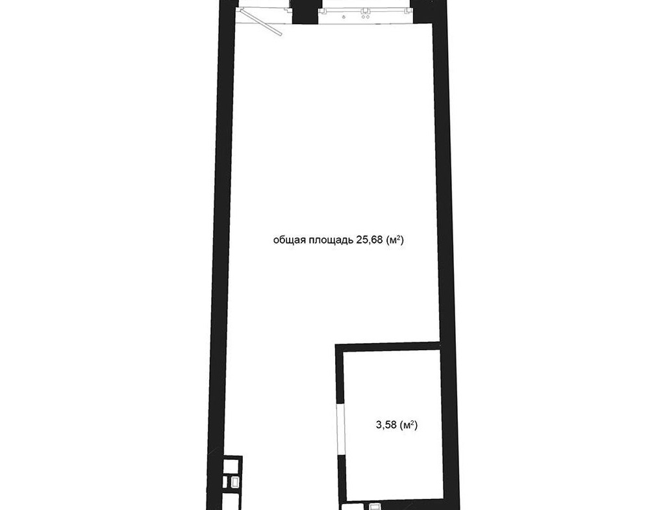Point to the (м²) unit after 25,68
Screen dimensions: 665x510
[395, 240]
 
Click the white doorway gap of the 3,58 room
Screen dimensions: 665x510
[340, 430]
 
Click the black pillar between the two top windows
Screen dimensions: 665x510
[305, 12]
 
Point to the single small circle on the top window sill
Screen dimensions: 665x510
[344, 18]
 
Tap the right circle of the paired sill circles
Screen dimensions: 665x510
[367, 18]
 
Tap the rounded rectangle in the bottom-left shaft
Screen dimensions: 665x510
[234, 482]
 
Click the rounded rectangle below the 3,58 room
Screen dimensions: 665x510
[375, 507]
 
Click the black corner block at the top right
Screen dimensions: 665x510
[430, 11]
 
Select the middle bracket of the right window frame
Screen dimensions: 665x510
[365, 9]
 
